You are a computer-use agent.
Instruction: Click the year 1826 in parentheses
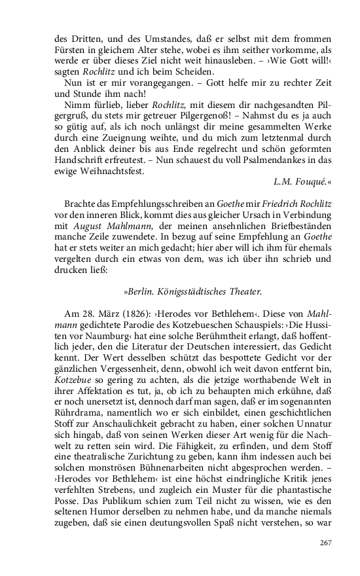point(123,314)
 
